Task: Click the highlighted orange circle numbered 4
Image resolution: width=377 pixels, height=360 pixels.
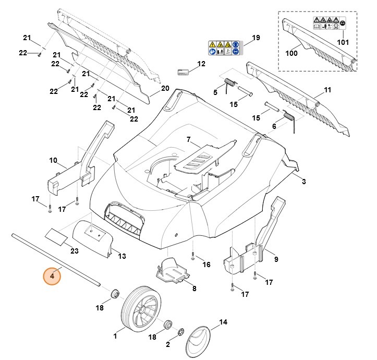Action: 52,275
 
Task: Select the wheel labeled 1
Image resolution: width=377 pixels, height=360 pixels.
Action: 141,309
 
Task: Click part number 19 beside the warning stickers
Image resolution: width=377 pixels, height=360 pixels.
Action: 256,38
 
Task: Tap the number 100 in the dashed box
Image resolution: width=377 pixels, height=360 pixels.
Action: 291,53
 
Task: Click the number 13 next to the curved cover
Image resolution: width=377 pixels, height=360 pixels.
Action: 122,256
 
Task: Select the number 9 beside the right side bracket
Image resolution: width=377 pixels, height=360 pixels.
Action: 276,259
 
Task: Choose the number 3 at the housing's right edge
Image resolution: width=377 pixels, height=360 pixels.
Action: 303,181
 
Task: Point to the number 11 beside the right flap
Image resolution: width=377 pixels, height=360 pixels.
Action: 327,90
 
